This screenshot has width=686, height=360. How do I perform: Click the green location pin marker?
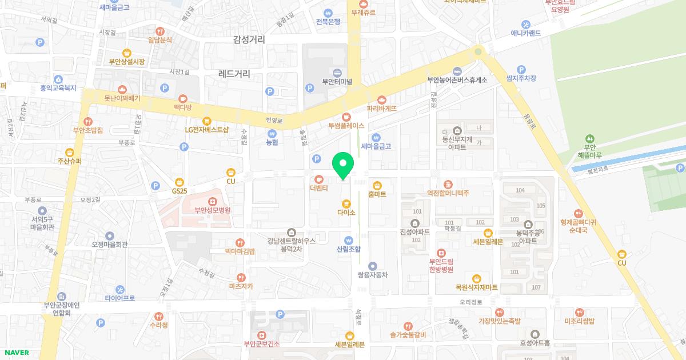pos(343,165)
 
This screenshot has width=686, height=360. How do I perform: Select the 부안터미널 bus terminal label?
pos(337,81)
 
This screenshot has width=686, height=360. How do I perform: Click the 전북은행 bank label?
pos(328,22)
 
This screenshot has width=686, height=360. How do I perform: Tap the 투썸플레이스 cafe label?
pos(346,125)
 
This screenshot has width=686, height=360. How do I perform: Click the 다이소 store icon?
pos(346,204)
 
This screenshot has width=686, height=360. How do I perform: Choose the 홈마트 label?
pos(377,194)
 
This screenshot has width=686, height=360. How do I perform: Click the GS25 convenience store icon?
pos(180,181)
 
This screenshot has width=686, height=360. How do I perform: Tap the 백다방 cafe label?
pos(182,107)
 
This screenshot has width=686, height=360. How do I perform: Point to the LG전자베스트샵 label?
pos(206,129)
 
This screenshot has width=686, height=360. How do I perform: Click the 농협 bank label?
pos(272,142)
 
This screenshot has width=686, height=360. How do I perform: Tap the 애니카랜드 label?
pos(526,33)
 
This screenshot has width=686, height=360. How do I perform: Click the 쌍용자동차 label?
pos(373,274)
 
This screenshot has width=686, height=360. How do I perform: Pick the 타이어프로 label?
pos(120,298)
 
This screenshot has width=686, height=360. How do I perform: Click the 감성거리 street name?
pos(249,39)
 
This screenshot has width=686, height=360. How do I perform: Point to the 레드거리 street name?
pos(234,74)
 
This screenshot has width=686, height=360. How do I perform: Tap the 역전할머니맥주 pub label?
pos(448,193)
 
